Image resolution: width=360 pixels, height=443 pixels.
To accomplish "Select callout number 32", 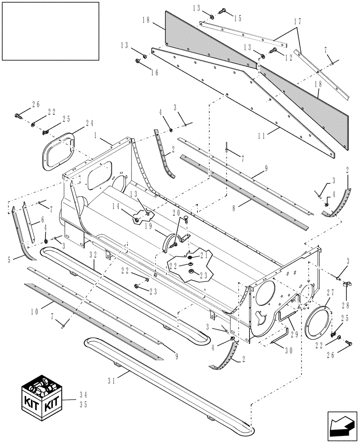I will [93, 255].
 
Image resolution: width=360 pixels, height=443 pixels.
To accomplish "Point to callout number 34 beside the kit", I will [83, 393].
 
